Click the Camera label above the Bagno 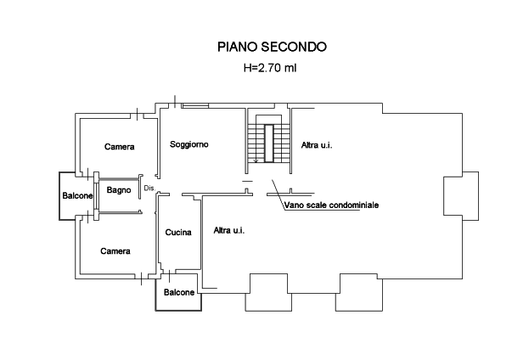(x=118, y=148)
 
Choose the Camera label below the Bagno (x=115, y=251)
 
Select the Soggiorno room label (x=188, y=144)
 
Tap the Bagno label (x=118, y=190)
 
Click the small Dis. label (x=149, y=188)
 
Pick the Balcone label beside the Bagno (x=76, y=197)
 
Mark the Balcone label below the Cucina (x=179, y=293)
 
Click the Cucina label (x=177, y=232)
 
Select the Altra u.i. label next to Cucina (x=229, y=230)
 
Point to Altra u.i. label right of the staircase (x=317, y=145)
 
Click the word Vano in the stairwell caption (x=294, y=205)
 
